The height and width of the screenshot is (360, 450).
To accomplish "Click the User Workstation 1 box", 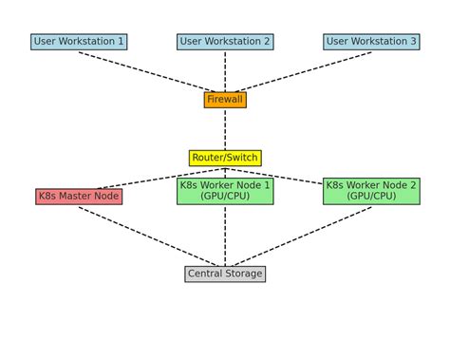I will (x=79, y=42).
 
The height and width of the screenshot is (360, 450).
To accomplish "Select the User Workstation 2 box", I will (x=225, y=42).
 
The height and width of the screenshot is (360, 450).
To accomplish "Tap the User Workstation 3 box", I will (x=371, y=42).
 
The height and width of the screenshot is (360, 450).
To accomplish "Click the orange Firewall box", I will (x=225, y=100).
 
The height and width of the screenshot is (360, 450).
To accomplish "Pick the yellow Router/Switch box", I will (x=225, y=158).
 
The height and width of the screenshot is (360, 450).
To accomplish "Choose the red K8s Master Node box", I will (x=79, y=197).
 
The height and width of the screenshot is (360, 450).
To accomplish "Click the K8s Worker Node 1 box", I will (x=225, y=191).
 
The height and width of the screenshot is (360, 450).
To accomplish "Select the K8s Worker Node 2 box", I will (x=371, y=191).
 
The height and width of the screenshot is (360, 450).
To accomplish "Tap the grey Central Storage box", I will (x=225, y=274).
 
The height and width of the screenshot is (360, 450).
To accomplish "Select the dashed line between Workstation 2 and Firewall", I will (x=225, y=71).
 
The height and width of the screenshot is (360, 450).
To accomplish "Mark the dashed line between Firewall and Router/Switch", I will (x=225, y=128).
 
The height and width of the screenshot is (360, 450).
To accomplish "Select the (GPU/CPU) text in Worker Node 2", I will (x=371, y=197).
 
